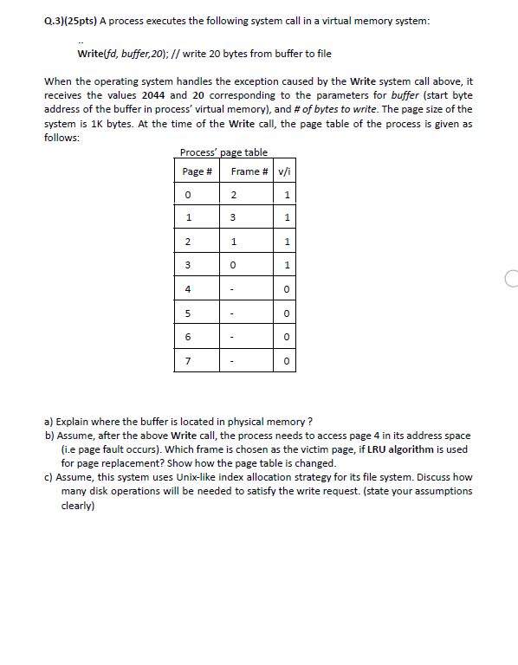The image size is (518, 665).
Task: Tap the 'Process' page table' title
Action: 223,152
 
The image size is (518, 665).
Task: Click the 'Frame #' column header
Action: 250,171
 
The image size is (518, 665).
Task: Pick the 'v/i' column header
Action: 285,171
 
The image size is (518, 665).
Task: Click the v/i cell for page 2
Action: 286,242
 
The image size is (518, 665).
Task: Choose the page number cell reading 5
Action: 188,312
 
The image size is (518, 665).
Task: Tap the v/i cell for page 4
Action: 286,288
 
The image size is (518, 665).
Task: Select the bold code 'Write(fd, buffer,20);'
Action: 126,54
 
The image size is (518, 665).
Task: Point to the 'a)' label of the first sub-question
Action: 49,422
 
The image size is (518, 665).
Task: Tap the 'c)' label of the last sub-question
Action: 49,477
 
